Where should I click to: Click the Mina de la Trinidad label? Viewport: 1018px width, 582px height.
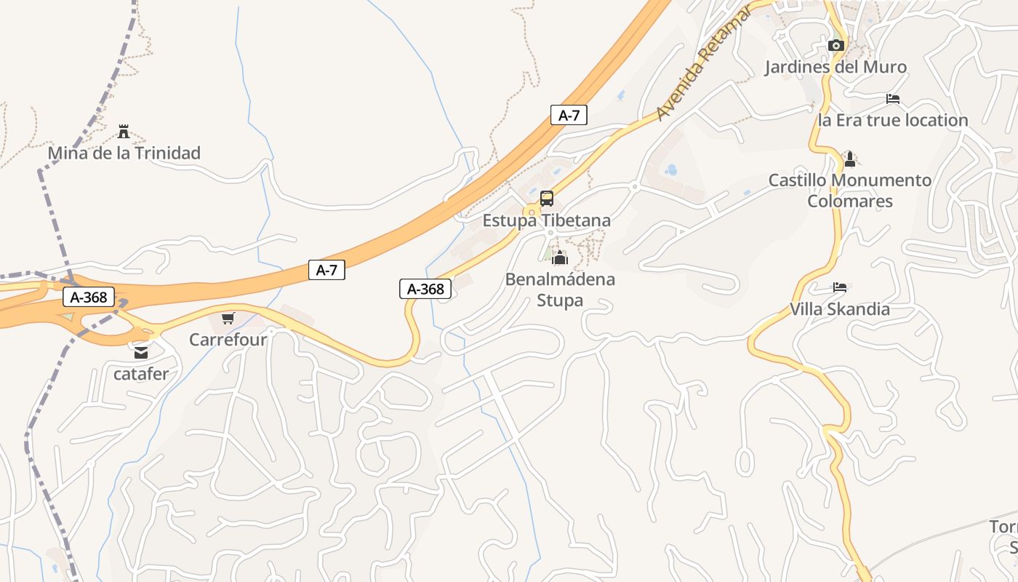coord(124,154)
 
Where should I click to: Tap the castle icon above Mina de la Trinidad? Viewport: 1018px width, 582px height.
coord(124,132)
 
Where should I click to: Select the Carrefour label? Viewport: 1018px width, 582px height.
coord(228,340)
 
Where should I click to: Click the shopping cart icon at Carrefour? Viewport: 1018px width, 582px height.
coord(228,319)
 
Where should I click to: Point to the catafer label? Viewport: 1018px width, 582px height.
coord(141,375)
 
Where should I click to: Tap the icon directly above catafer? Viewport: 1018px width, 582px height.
coord(140,353)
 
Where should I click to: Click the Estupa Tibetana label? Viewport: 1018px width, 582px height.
coord(547,220)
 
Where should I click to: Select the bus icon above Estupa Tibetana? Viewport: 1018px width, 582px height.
coord(547,199)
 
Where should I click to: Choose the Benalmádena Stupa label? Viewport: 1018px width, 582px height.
coord(560,290)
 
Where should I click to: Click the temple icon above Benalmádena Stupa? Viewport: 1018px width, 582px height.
coord(559,258)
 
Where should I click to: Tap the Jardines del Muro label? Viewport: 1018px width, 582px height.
coord(835,68)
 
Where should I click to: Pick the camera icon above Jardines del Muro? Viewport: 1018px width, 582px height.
coord(836,46)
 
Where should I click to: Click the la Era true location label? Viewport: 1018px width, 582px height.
coord(893,121)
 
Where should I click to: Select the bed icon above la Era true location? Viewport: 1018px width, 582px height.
coord(893,99)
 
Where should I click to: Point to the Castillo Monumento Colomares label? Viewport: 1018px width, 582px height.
coord(850,191)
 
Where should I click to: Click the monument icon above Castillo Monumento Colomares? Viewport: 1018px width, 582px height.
coord(849,159)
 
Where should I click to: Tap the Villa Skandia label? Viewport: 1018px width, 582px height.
coord(840,309)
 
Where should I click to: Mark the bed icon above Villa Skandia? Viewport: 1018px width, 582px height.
coord(840,287)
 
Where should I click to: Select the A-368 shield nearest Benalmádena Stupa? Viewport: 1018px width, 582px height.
coord(425,289)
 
